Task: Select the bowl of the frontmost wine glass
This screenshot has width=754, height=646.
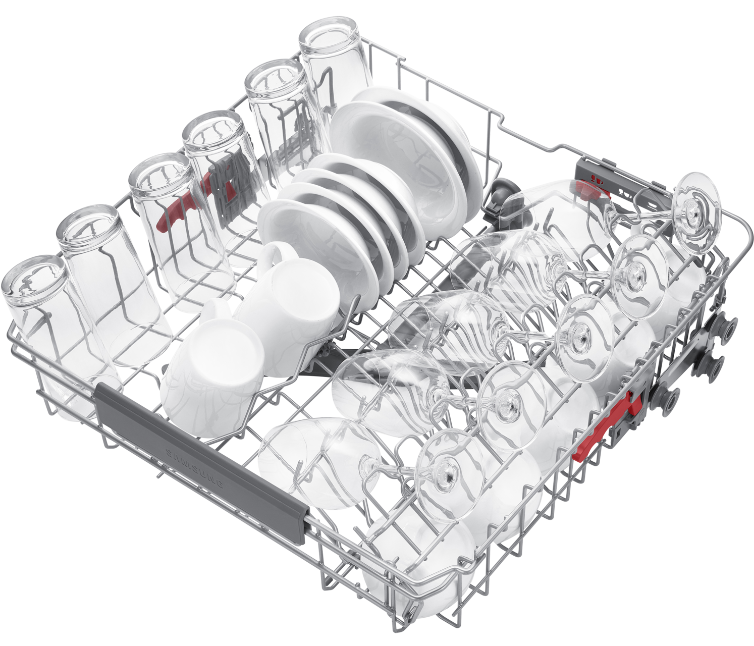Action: (x=319, y=463)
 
